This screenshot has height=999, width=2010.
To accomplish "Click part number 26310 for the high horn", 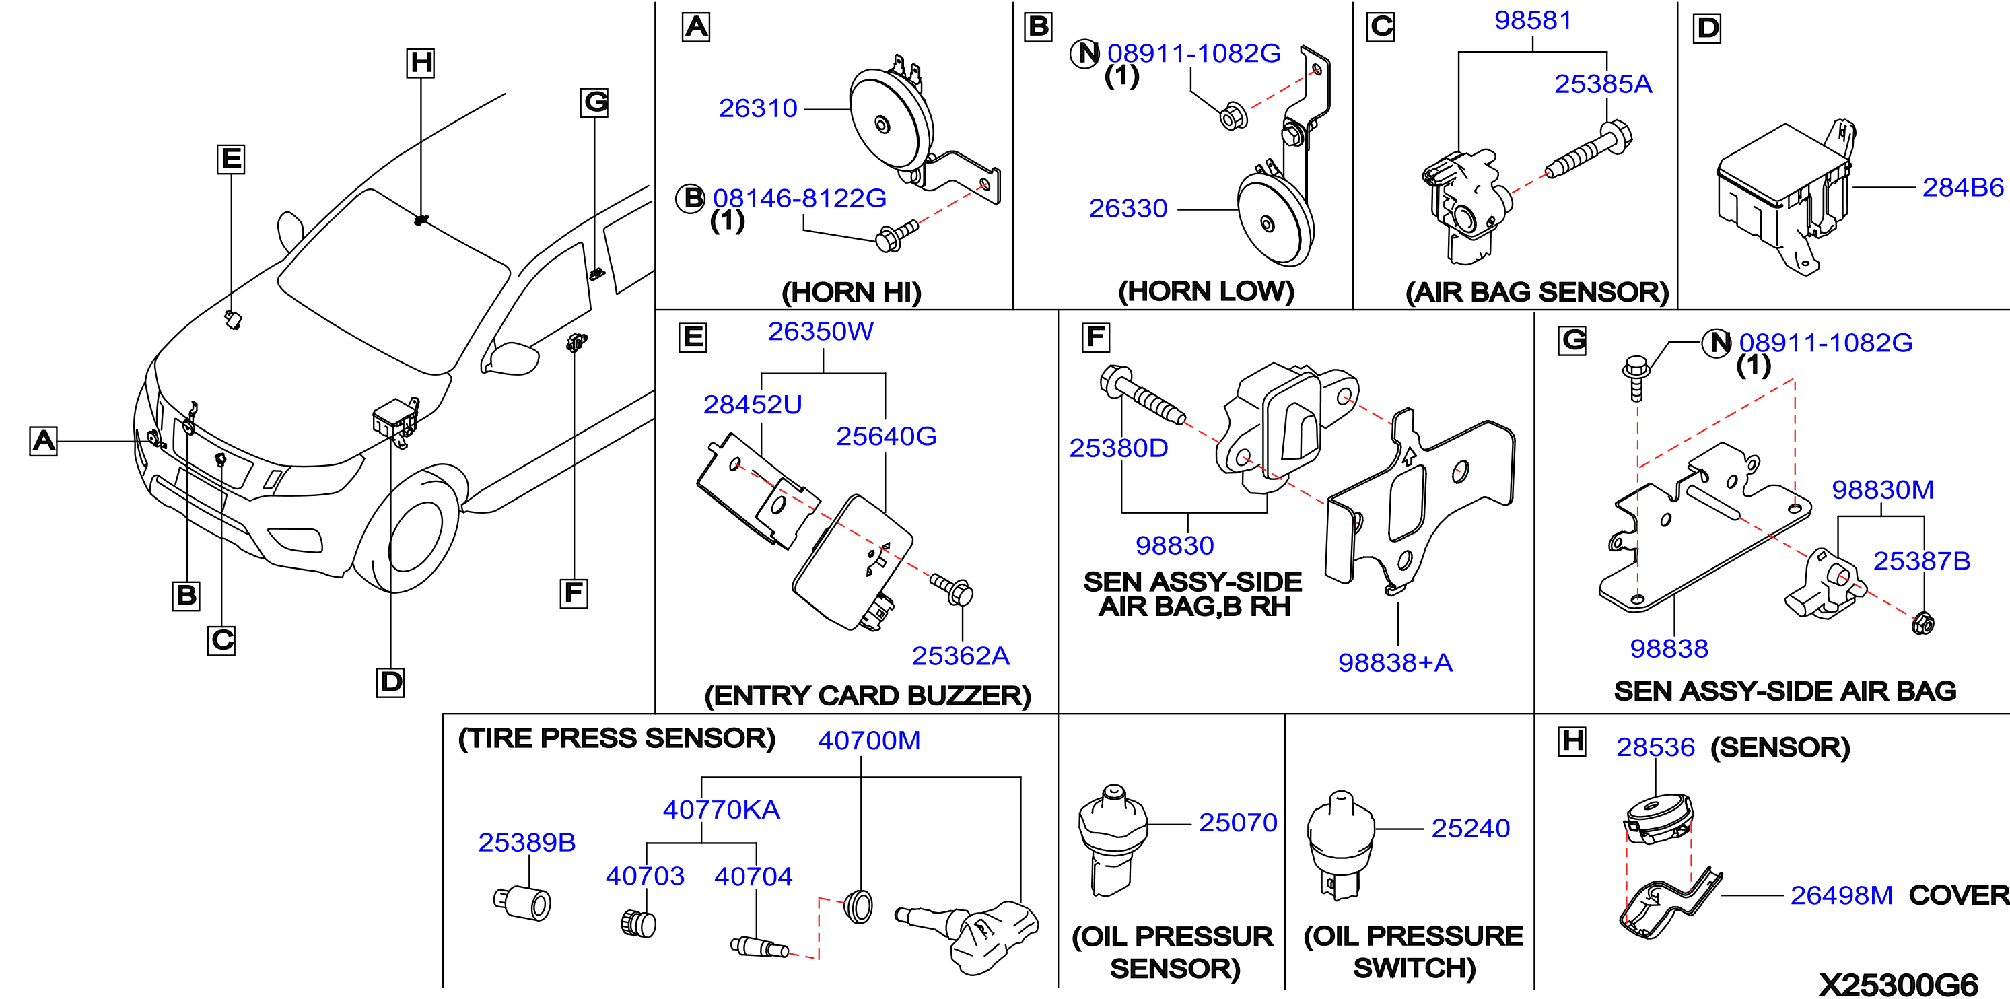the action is (x=758, y=108).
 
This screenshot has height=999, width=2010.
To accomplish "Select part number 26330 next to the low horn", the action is (x=1128, y=209).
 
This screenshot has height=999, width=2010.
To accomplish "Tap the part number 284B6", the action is (x=1962, y=187).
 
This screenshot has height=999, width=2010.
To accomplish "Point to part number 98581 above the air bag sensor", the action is (x=1533, y=20).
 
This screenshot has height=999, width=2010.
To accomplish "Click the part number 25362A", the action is (x=961, y=656).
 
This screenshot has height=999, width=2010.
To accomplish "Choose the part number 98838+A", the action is (x=1395, y=662).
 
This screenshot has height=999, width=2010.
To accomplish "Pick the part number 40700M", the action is (x=868, y=740).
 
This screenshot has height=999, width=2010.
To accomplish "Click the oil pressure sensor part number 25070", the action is (x=1237, y=823).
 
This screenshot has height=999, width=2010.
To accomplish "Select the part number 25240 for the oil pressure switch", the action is (x=1470, y=828).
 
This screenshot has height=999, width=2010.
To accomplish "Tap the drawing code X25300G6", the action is (x=1898, y=984).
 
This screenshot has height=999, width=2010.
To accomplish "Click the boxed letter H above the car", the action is (x=421, y=63).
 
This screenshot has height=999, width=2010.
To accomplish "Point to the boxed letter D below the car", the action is (x=390, y=682).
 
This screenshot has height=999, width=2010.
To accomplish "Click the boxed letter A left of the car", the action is (x=44, y=441).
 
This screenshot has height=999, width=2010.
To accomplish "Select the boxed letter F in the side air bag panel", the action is (x=1095, y=337).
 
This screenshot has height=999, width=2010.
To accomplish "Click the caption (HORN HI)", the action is (x=852, y=293).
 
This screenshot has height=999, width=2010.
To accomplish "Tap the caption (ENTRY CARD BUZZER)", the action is (x=868, y=696).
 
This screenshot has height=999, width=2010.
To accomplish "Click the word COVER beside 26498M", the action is (x=1958, y=895).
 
